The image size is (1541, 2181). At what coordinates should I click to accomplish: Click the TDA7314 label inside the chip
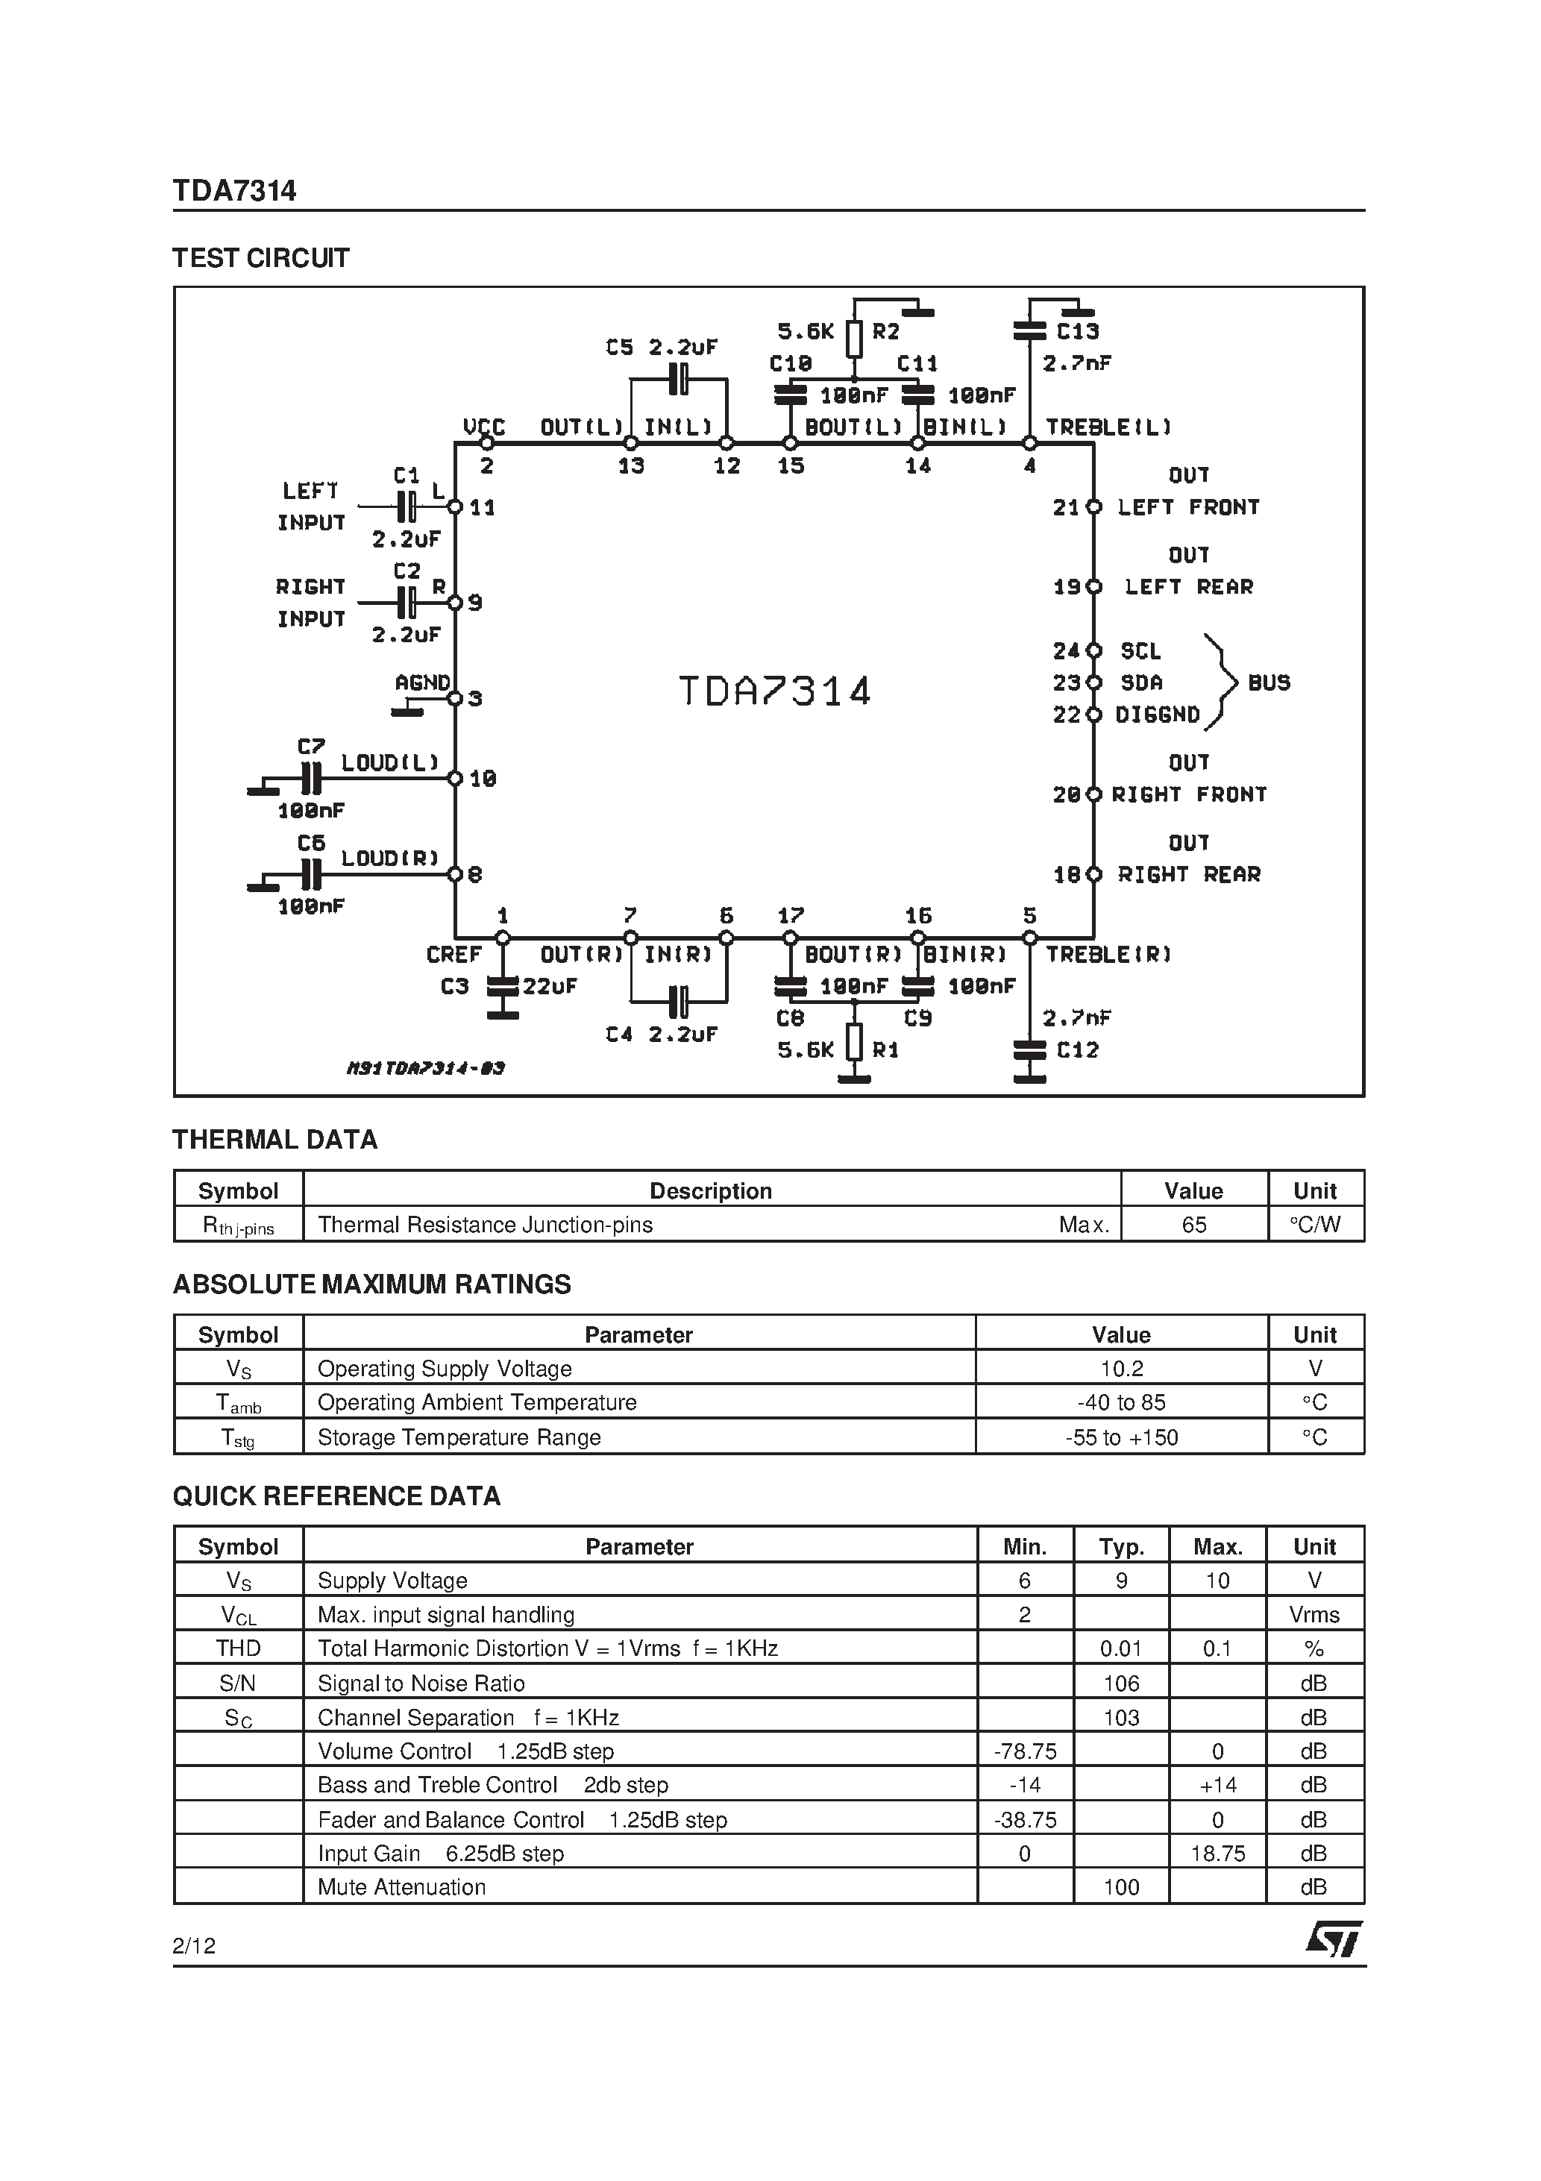coord(774,691)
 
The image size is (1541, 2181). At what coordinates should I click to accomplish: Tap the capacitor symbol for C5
coord(678,379)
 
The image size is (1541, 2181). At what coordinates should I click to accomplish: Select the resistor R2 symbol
coord(854,338)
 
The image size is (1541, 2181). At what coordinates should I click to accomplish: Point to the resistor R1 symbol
coord(854,1043)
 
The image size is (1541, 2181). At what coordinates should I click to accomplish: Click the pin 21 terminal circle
coord(1093,507)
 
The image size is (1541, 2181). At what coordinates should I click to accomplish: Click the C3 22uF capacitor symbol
coord(503,987)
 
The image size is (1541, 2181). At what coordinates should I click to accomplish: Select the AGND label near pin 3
coord(422,682)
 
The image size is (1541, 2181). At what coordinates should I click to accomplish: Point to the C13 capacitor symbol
coord(1030,330)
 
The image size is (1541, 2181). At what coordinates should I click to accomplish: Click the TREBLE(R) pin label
coord(1108,955)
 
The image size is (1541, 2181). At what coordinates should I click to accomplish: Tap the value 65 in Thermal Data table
coord(1193,1225)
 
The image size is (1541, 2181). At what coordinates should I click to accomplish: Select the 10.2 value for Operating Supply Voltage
coord(1121,1369)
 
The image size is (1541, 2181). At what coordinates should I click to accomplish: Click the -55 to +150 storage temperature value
coord(1121,1437)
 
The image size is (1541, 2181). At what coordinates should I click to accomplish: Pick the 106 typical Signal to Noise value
coord(1121,1683)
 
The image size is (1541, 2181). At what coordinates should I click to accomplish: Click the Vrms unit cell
coord(1314,1615)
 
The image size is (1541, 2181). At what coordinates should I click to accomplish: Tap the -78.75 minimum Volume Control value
coord(1024,1751)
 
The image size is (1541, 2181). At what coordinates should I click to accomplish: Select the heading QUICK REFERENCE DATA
coord(336,1496)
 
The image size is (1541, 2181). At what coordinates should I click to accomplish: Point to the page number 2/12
coord(195,1945)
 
